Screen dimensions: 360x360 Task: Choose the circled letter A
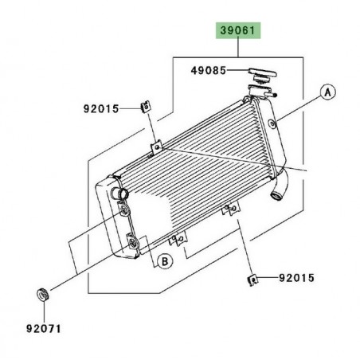point(326,91)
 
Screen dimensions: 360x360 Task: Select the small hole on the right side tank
point(272,123)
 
